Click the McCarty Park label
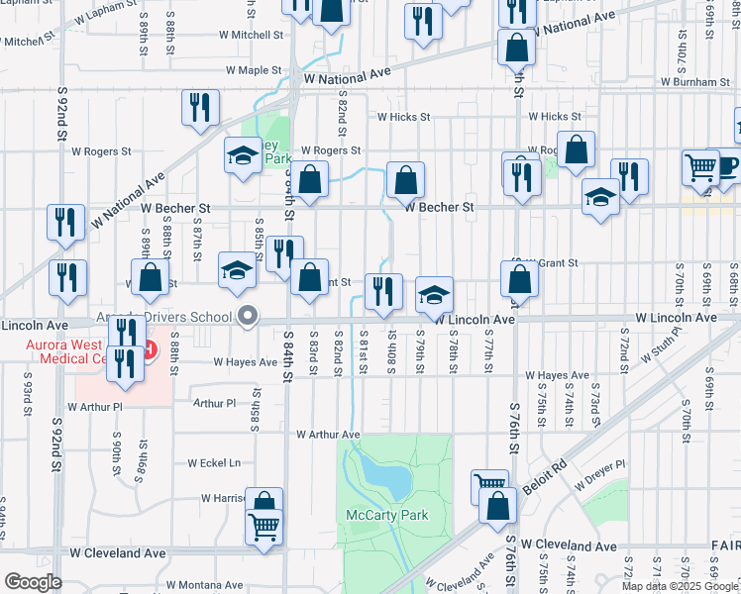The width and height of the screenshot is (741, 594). point(387,516)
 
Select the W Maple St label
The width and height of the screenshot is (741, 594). point(255,71)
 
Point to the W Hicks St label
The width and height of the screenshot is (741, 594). point(403,116)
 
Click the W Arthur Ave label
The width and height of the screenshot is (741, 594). point(327,435)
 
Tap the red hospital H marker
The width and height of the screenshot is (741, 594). point(148,350)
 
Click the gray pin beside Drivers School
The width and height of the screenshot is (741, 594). point(248,317)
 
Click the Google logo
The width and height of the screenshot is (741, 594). point(33,582)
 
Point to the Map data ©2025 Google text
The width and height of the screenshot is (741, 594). point(679,586)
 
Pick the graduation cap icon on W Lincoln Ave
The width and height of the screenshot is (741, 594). point(434,295)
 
